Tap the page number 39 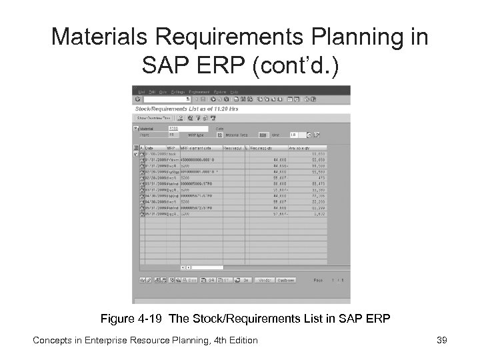pyautogui.click(x=441, y=341)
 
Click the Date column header pyautogui.click(x=149, y=147)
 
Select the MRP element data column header pyautogui.click(x=200, y=147)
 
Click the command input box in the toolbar pyautogui.click(x=171, y=99)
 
